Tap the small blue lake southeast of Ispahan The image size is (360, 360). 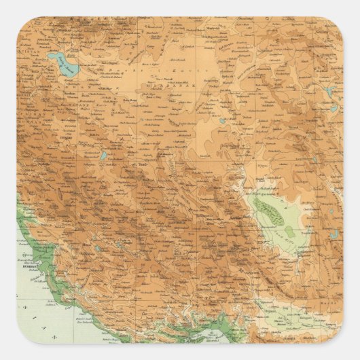click(x=102, y=156)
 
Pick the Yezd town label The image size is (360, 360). click(x=143, y=165)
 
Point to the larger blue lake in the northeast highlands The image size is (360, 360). click(x=331, y=92)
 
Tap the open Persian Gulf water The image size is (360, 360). click(x=34, y=312)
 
